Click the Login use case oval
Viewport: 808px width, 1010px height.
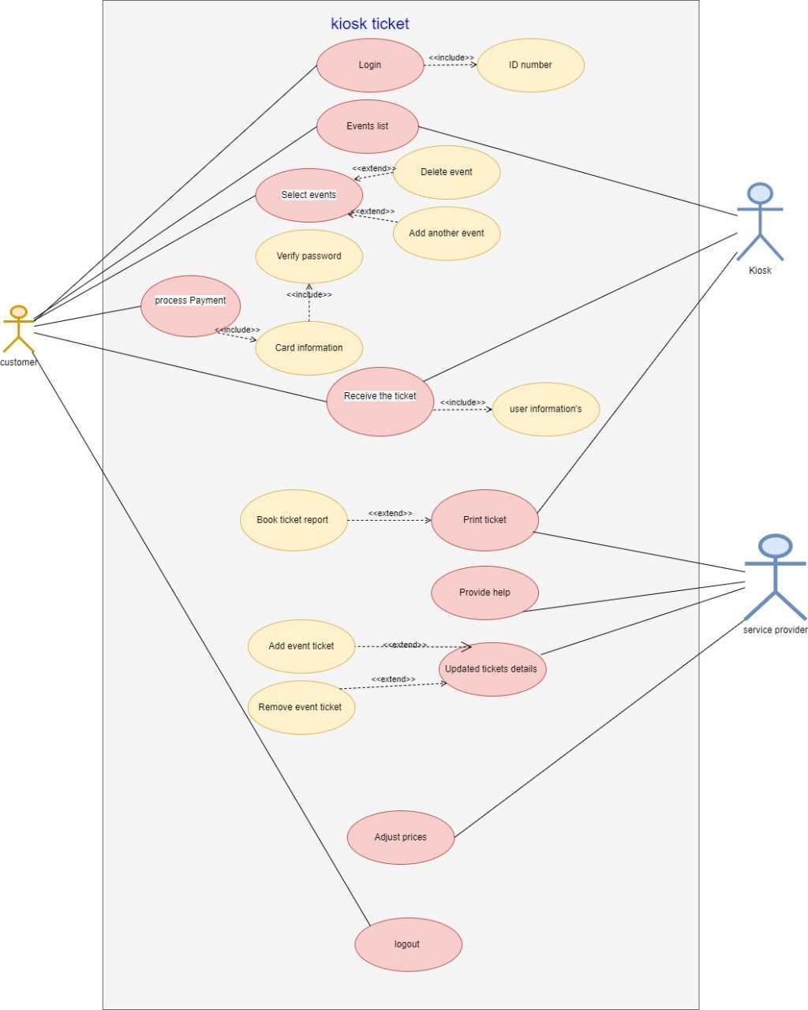370,65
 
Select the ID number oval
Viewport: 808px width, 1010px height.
530,65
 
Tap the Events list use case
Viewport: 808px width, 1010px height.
367,126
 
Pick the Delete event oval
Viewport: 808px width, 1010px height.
447,172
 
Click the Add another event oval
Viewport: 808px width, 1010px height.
447,234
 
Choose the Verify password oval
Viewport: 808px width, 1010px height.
309,256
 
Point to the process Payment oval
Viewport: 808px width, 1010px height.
190,306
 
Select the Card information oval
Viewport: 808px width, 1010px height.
309,348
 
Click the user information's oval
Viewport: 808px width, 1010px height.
545,410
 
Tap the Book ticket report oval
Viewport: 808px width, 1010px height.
293,520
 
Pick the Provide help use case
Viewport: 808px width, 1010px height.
484,593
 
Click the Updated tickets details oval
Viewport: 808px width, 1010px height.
492,669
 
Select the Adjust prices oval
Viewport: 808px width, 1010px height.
400,837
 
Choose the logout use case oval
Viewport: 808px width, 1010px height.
407,945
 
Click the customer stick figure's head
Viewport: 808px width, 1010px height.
18,312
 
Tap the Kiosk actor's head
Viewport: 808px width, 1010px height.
760,194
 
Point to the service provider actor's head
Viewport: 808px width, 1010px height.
775,546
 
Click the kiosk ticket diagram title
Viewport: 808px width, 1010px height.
370,24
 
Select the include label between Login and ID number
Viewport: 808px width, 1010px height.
451,58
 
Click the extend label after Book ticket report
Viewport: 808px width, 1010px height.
390,514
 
